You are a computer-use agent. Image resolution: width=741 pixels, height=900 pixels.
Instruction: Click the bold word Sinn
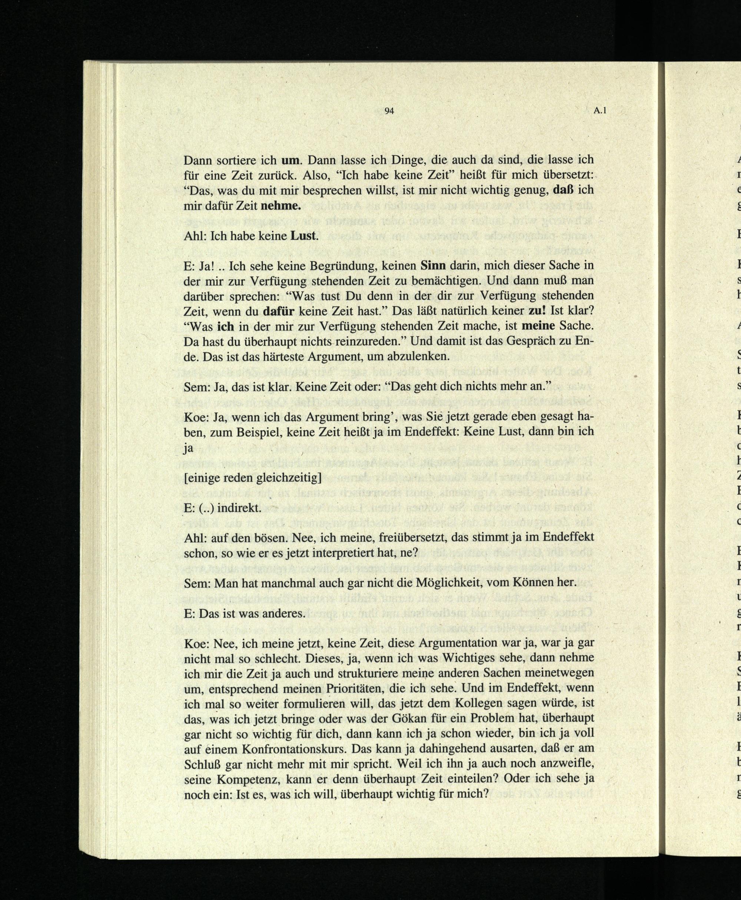click(433, 266)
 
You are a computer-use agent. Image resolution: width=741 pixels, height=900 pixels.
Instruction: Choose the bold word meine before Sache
click(539, 326)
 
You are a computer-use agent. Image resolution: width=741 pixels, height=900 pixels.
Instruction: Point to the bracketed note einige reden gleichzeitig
click(252, 477)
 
